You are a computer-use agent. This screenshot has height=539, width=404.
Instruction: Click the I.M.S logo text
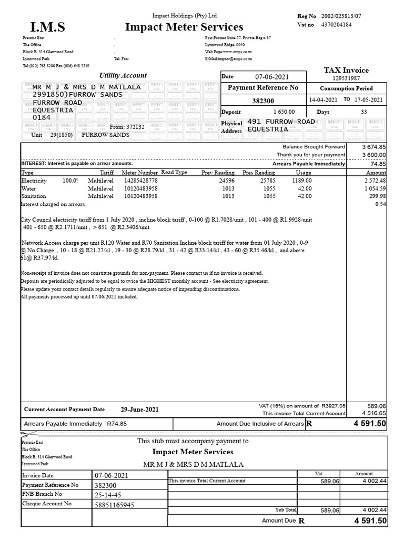[x=48, y=27]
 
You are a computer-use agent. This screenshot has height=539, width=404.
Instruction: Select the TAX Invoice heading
[x=346, y=70]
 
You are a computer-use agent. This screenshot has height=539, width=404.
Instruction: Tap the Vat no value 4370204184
[x=336, y=24]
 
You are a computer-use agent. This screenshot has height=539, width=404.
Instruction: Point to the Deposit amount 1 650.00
[x=284, y=112]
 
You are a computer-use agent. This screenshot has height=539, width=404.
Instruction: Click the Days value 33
[x=364, y=112]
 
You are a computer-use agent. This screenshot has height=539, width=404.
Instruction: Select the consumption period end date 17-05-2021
[x=369, y=99]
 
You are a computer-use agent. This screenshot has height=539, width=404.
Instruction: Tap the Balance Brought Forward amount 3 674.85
[x=374, y=146]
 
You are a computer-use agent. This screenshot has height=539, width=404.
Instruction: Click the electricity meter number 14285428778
[x=140, y=181]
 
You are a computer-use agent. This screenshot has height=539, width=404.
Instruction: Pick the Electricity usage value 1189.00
[x=302, y=181]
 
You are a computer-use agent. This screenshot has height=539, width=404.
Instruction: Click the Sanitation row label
[x=34, y=196]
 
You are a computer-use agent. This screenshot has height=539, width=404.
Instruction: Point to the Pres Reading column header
[x=258, y=172]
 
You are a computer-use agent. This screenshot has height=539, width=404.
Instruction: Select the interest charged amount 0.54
[x=381, y=204]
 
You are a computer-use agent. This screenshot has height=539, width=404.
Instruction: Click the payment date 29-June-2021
[x=139, y=410]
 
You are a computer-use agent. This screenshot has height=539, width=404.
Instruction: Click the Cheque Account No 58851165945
[x=114, y=505]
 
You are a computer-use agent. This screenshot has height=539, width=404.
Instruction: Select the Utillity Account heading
[x=123, y=75]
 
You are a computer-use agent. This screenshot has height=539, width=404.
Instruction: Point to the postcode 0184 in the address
[x=42, y=118]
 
